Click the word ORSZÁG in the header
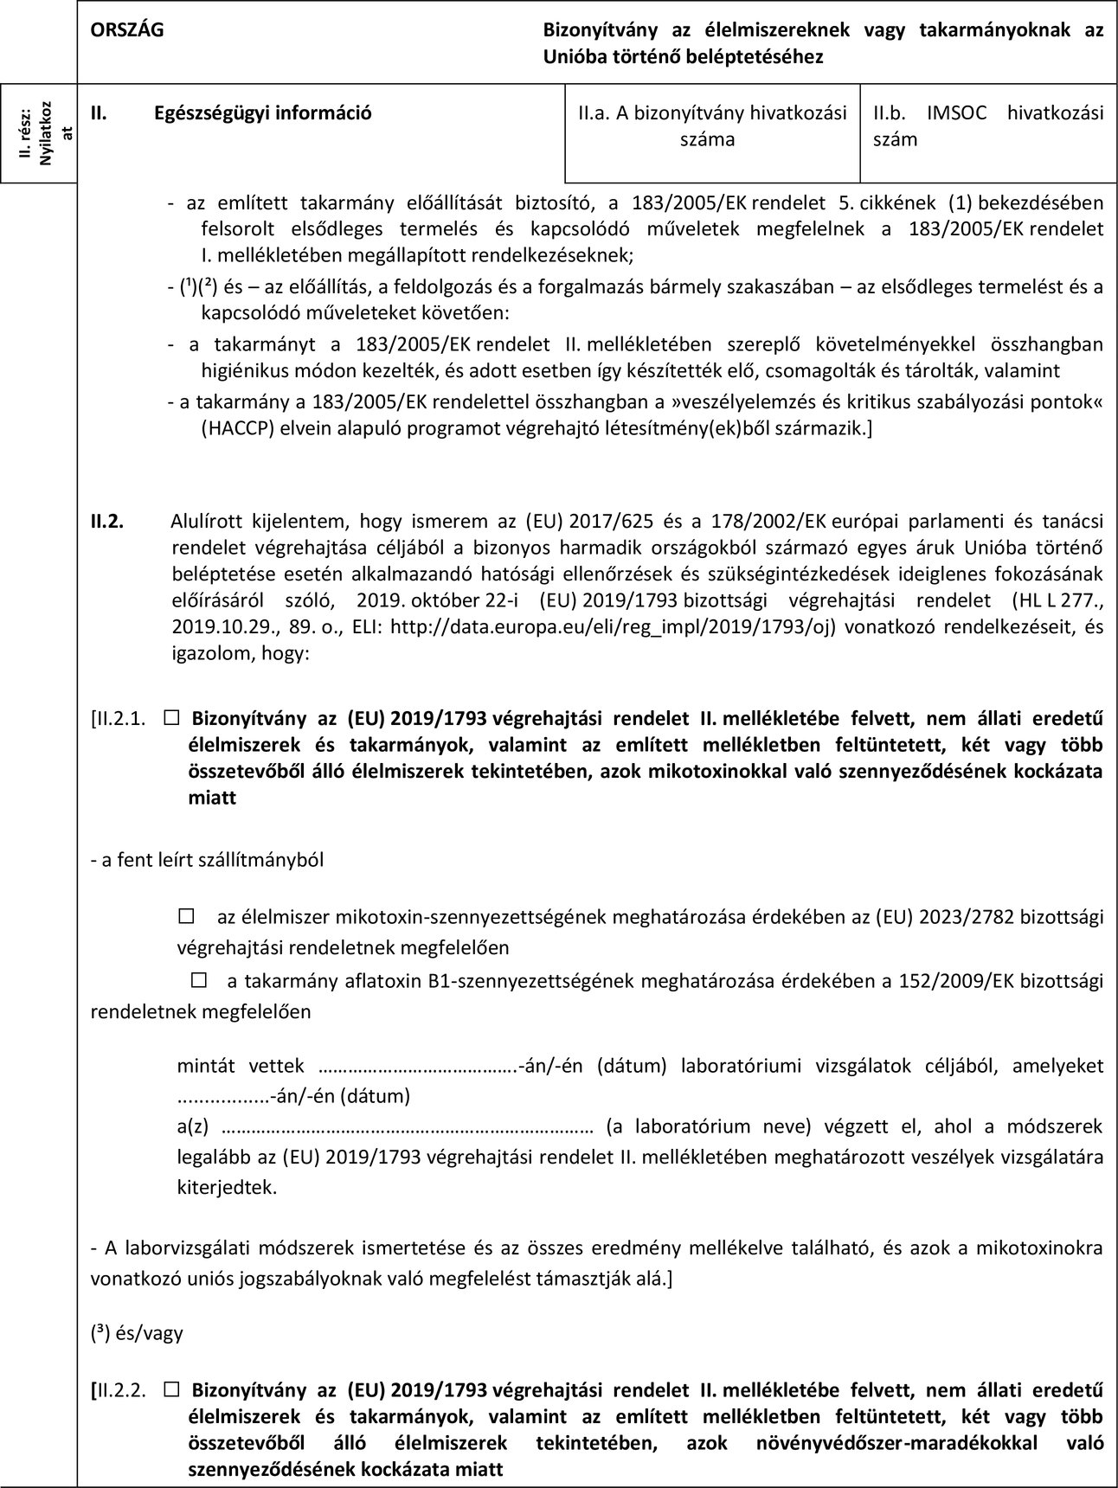(x=127, y=29)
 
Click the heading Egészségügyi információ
(x=263, y=112)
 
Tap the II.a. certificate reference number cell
(x=712, y=125)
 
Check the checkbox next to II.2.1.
(x=170, y=717)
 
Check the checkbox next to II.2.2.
(x=170, y=1390)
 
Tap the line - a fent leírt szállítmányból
(x=208, y=860)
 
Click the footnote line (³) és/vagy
(x=137, y=1332)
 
